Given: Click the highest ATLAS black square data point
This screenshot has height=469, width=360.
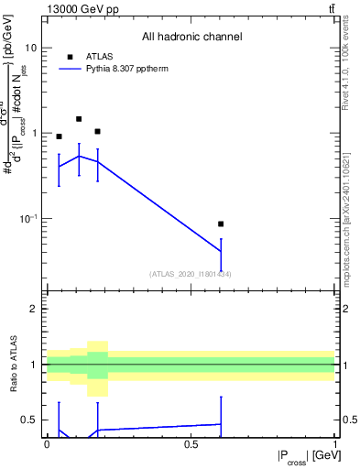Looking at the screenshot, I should (79, 119).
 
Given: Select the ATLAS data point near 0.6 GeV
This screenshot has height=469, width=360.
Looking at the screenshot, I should (221, 224).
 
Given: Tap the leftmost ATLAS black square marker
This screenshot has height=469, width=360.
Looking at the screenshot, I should (59, 136).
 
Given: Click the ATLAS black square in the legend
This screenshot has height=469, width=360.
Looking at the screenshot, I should (71, 56).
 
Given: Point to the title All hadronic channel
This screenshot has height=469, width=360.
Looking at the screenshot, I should (191, 37).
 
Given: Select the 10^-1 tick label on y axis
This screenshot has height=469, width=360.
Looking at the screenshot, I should (27, 218).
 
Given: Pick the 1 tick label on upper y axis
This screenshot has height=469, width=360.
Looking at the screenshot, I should (33, 133).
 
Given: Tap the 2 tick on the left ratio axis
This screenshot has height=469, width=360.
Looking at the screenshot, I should (34, 309).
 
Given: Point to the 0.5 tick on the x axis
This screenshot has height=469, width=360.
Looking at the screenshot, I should (191, 444).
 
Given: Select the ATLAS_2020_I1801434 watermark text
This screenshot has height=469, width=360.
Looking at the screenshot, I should (191, 274).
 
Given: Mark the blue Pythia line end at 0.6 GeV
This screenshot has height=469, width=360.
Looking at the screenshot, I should (221, 250).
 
